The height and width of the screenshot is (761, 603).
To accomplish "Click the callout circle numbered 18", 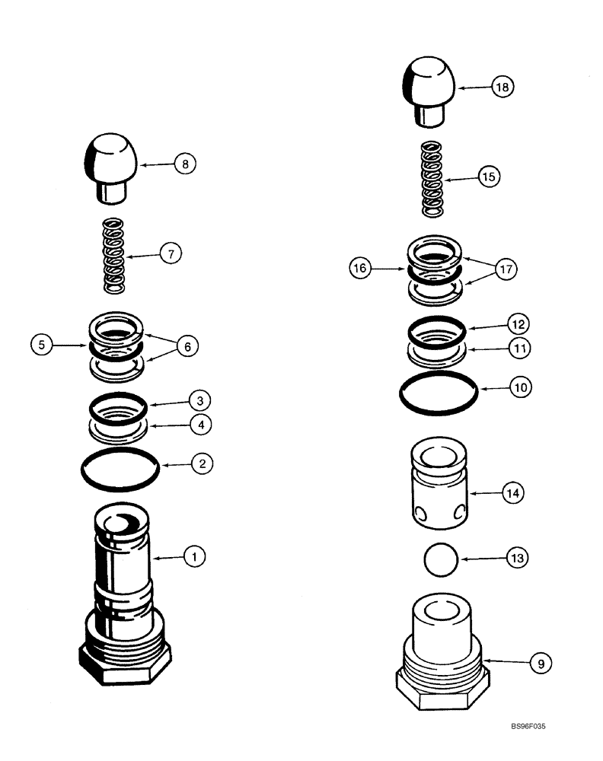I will point(502,88).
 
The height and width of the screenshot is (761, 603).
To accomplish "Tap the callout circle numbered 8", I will point(185,162).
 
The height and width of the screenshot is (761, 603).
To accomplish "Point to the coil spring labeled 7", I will point(114,256).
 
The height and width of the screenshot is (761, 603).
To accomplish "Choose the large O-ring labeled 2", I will point(120,471).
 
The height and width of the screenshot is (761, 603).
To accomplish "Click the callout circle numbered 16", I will point(361,268).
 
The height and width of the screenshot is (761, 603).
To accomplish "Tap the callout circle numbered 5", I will point(43,345).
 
